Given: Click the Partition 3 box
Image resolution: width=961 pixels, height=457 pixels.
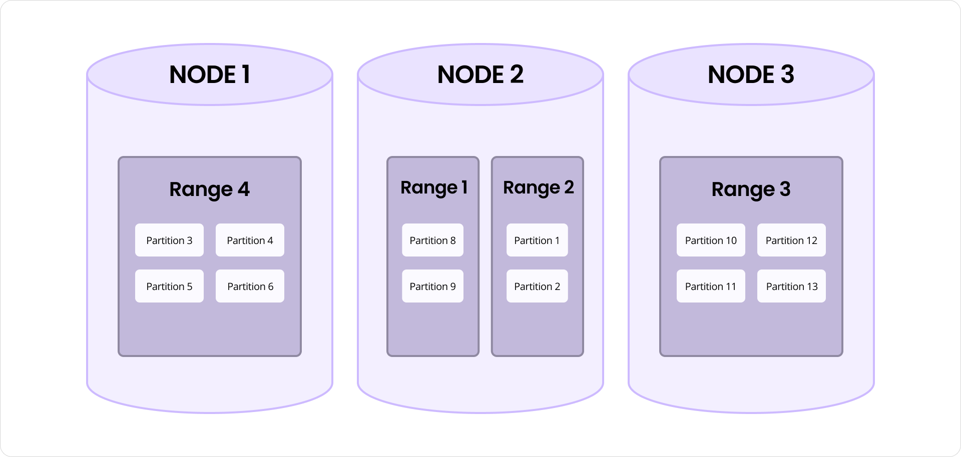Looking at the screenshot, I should (169, 240).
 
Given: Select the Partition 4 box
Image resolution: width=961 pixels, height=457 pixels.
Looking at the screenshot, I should (250, 240).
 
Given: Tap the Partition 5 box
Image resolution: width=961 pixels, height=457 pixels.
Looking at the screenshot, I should (169, 286).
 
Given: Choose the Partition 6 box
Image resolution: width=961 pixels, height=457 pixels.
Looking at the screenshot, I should (250, 286).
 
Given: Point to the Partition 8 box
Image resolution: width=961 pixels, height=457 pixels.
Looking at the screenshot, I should (432, 240).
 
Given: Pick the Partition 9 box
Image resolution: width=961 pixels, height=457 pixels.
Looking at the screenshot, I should (432, 286).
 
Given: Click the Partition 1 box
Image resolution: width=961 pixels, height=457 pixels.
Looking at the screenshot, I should (537, 240).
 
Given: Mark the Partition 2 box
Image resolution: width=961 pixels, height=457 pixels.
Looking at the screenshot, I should (537, 286).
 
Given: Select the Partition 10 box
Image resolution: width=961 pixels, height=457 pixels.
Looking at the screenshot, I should (711, 240).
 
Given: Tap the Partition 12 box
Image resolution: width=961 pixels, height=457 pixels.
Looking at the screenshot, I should (791, 240).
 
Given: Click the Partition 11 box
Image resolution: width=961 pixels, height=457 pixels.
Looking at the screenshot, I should (711, 286).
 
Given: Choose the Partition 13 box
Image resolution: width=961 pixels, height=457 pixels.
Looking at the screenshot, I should (791, 286).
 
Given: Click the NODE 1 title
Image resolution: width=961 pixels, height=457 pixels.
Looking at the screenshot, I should (210, 74).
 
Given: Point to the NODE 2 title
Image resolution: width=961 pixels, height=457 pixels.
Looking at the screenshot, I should (480, 74).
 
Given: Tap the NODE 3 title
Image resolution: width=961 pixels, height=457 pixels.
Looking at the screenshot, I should (751, 74).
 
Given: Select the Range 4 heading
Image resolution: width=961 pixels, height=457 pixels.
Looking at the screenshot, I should (209, 189).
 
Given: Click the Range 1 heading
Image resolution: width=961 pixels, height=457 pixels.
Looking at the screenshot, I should (434, 187).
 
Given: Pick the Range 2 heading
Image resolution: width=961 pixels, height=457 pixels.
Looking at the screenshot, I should (538, 187).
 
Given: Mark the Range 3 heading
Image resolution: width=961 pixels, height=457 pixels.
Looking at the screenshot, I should (751, 189).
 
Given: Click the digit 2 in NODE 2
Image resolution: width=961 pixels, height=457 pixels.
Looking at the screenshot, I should (517, 74).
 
